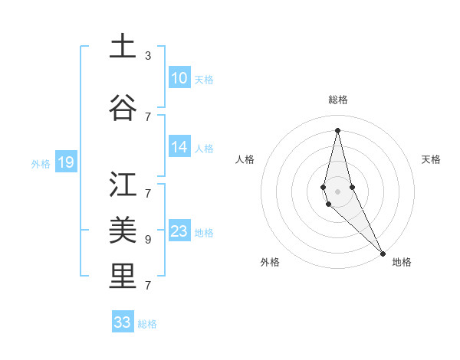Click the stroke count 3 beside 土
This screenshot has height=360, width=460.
(x=148, y=56)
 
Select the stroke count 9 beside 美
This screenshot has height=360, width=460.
(x=148, y=239)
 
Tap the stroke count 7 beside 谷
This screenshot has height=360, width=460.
(x=148, y=116)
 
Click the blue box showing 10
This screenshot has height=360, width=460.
(x=179, y=78)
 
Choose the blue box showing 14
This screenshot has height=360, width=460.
(x=179, y=147)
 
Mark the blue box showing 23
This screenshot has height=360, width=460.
(x=179, y=231)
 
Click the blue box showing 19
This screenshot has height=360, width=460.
(x=66, y=162)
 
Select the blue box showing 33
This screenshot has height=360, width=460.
(x=123, y=322)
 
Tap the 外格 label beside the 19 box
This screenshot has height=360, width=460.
(x=41, y=163)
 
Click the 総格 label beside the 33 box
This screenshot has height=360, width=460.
(x=147, y=324)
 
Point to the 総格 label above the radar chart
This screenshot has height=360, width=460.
(x=338, y=100)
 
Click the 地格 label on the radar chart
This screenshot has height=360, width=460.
(x=402, y=262)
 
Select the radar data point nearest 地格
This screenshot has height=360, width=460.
(x=383, y=253)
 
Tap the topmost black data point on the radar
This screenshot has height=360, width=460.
(x=337, y=129)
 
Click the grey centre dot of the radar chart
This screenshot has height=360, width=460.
(x=337, y=191)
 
